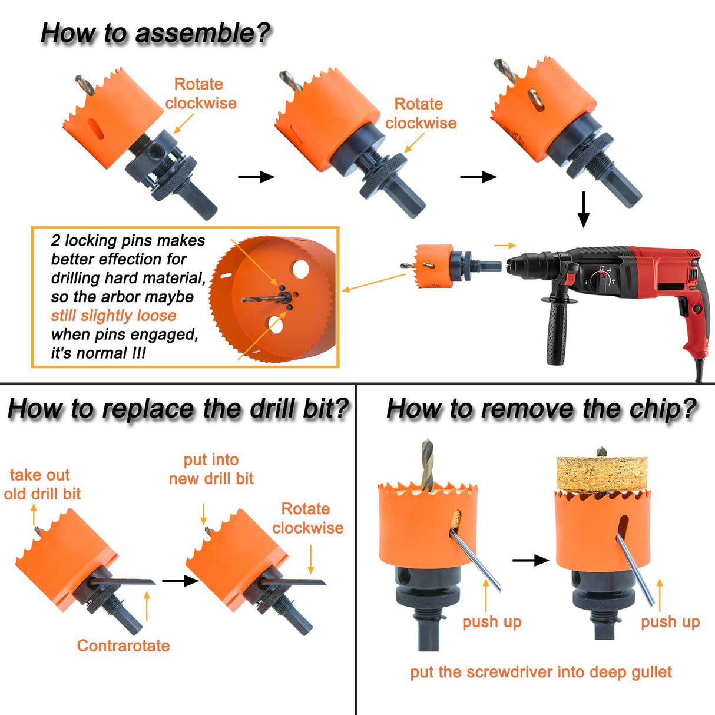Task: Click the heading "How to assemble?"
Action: coord(155,34)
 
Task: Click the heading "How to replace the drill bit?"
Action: coord(178,409)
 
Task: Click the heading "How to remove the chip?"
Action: coord(541,409)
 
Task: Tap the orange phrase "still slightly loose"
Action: coord(114,316)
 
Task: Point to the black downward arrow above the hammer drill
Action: coord(583,209)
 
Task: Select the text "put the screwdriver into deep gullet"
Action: coord(541,672)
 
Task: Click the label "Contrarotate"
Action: coord(123,646)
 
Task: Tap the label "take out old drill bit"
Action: coord(41,484)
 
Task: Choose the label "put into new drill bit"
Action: coord(211,469)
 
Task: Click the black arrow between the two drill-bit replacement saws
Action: coord(180,581)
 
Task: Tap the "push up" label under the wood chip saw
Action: coord(670,622)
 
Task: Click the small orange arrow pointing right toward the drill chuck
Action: coord(505,245)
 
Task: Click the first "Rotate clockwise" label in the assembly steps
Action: coord(200,94)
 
